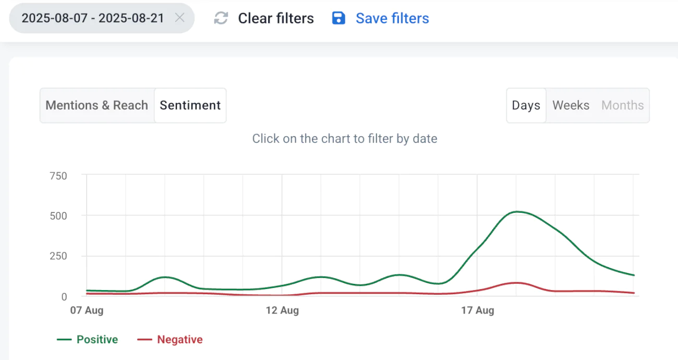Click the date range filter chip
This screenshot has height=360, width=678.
point(93,18)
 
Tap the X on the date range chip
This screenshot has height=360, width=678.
point(180,18)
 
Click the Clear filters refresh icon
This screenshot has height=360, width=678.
point(221,19)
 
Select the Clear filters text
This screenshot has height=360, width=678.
point(276,19)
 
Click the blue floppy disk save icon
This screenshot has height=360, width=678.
point(339,19)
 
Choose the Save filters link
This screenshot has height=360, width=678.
point(392,19)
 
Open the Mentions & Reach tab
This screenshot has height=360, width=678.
point(97,105)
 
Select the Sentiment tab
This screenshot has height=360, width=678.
point(190,105)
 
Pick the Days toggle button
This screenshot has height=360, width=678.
point(526,105)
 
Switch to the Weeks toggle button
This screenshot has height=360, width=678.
point(571,105)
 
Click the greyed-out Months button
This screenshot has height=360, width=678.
point(623,105)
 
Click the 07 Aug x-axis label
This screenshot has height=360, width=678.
point(87,310)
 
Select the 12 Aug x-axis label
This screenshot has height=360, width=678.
point(282,310)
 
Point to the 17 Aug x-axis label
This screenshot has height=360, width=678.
point(477,310)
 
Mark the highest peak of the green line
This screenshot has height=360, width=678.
point(516,211)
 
